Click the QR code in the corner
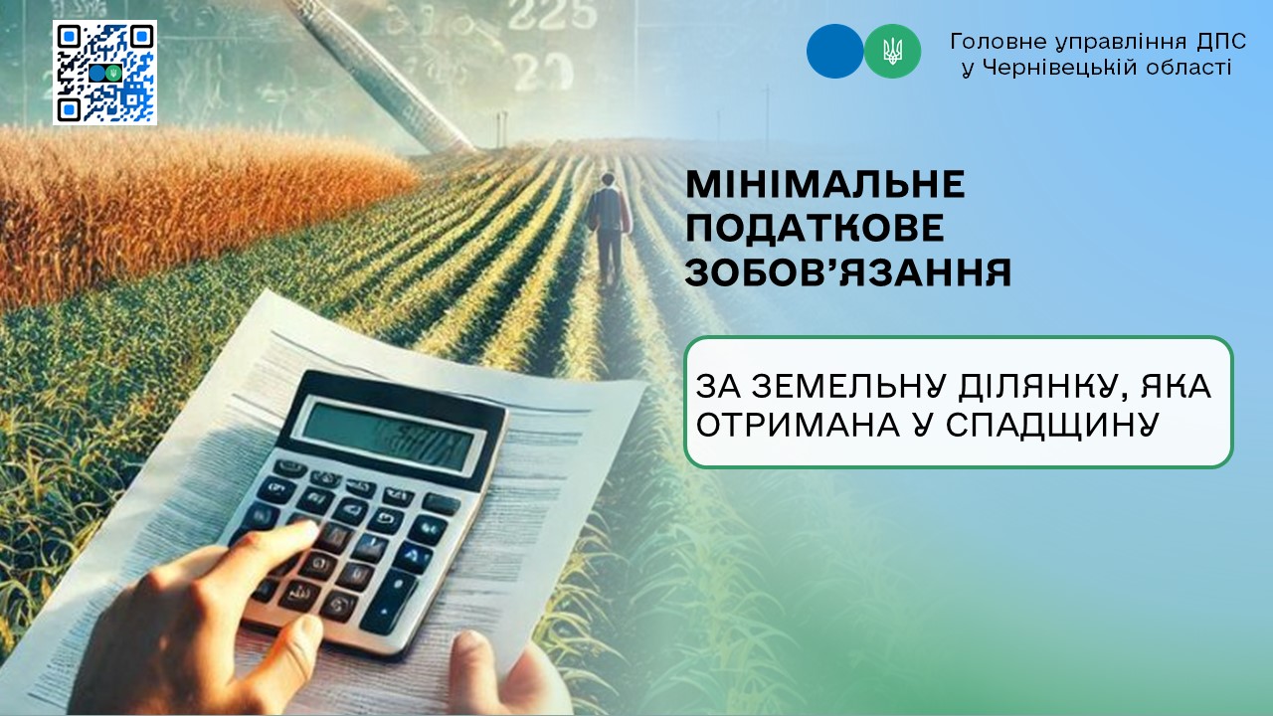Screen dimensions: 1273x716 pos(105,73)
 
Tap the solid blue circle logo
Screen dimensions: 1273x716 pos(834,51)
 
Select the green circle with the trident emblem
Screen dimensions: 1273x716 pos(892,51)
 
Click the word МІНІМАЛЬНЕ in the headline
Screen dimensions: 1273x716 pos(825,184)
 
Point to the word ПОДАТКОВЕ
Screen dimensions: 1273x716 pos(815,229)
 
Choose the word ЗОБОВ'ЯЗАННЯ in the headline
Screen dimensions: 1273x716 pos(848,272)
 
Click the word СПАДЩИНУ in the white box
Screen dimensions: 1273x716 pos(1052,425)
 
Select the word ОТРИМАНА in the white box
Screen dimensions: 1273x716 pos(798,425)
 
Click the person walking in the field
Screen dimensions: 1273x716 pos(609,230)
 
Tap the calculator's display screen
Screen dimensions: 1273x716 pos(388,437)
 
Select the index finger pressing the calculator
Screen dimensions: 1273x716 pos(268,550)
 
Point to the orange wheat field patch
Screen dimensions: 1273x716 pos(188,205)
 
